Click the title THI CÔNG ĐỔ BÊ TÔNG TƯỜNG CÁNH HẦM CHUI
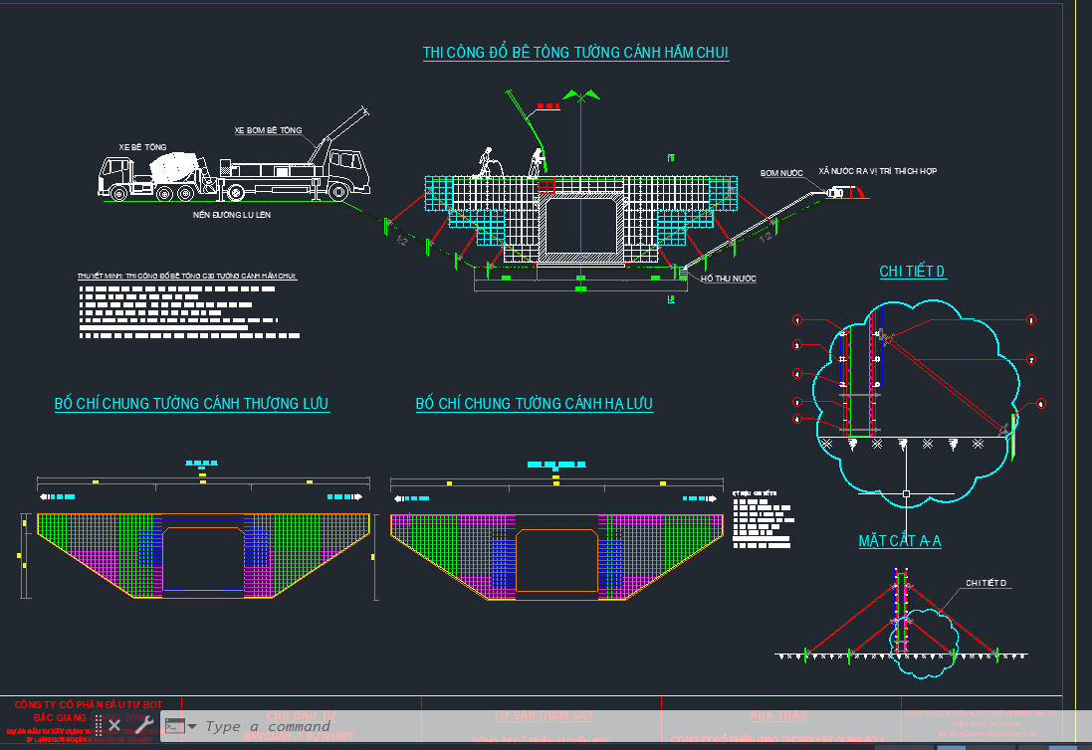(x=575, y=52)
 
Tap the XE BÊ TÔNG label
(x=142, y=146)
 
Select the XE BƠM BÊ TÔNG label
(x=268, y=130)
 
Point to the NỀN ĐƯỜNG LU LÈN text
(x=233, y=214)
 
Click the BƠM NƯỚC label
(x=781, y=173)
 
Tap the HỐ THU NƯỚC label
(x=728, y=280)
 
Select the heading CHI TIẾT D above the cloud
(x=912, y=272)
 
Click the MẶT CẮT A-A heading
(x=900, y=541)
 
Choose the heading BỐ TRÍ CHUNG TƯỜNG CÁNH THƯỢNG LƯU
(x=191, y=404)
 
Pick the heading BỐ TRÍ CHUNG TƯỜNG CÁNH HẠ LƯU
(x=534, y=404)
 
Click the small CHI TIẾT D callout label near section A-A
(x=986, y=583)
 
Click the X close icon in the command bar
(x=114, y=724)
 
